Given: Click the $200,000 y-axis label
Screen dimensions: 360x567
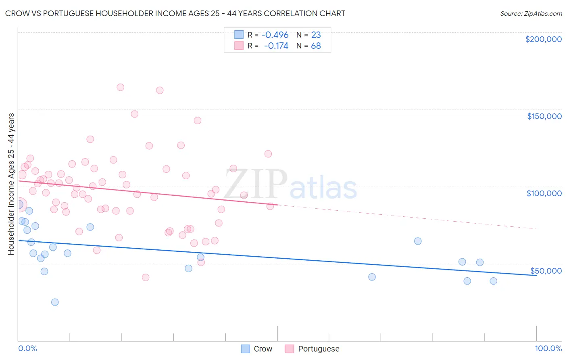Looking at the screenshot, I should point(543,39).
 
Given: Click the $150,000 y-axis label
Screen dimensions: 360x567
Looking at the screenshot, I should point(544,116).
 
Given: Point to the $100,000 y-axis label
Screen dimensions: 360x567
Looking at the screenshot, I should point(544,193).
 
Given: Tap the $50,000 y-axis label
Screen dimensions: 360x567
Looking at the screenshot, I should point(546,271).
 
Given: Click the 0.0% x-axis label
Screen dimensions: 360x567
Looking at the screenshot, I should point(27,348).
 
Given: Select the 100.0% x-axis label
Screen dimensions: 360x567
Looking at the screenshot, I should point(548,348).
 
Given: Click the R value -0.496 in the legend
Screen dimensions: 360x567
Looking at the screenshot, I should point(275,35).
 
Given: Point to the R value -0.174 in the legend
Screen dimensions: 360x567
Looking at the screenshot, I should point(276,46).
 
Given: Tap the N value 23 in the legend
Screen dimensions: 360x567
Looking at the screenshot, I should point(316,35).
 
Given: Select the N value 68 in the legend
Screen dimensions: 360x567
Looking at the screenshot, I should point(316,46).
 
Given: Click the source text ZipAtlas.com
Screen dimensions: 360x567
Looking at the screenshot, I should point(531,14).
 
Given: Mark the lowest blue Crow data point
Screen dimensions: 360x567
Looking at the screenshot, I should point(55,302).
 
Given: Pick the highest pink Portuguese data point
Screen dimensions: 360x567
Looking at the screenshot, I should point(120,87).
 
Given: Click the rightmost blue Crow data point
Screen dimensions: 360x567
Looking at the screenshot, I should point(493,281).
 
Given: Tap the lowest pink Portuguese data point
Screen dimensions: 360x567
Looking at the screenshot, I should point(146,277).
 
